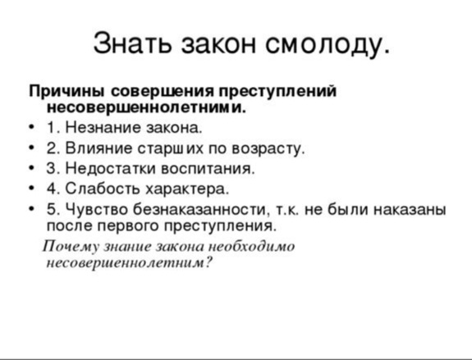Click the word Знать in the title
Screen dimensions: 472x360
[x=132, y=43]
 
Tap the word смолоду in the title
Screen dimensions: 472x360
[x=328, y=44]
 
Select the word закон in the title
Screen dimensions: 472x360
[x=219, y=45]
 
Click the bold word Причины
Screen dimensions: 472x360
[x=66, y=91]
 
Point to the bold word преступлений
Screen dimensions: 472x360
[x=277, y=91]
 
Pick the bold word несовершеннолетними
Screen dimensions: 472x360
[x=146, y=107]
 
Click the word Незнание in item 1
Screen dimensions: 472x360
[x=103, y=128]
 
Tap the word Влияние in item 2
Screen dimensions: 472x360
[x=99, y=148]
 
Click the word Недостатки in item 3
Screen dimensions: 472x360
[x=111, y=168]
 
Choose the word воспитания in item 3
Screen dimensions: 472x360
[x=208, y=169]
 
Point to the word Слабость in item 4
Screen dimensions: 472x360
[x=103, y=189]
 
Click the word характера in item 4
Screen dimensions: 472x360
[x=187, y=189]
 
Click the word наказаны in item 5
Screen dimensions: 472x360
[x=410, y=210]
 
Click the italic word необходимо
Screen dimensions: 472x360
[x=252, y=246]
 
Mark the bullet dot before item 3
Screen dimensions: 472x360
[x=32, y=168]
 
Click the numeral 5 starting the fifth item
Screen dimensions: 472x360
[x=51, y=209]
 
